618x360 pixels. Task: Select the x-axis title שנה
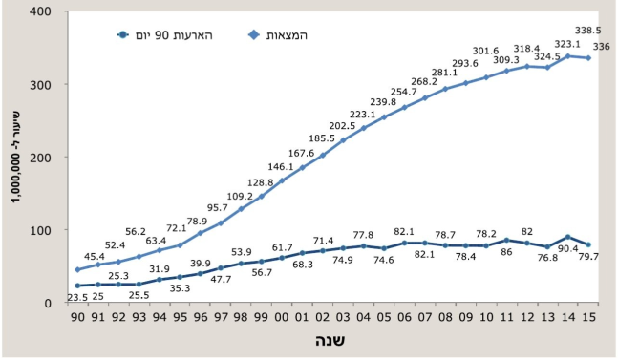(332, 342)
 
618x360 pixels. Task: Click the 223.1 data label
(362, 114)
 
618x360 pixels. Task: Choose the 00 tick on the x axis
(282, 316)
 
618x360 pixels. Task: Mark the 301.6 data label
(486, 51)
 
